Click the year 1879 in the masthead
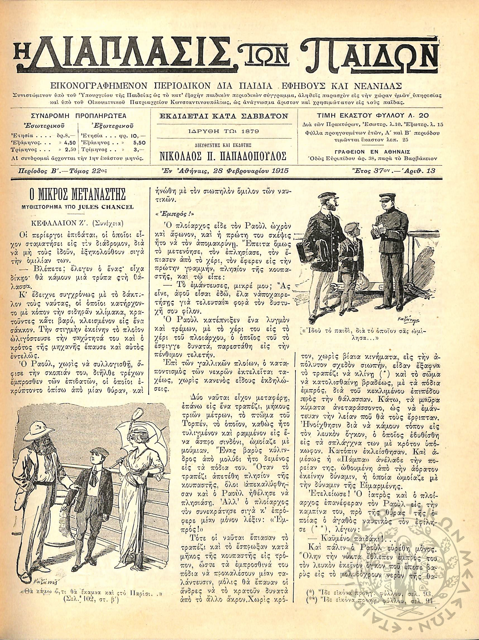(250, 131)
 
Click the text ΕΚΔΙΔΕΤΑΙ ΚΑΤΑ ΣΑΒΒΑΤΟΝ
(224, 116)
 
